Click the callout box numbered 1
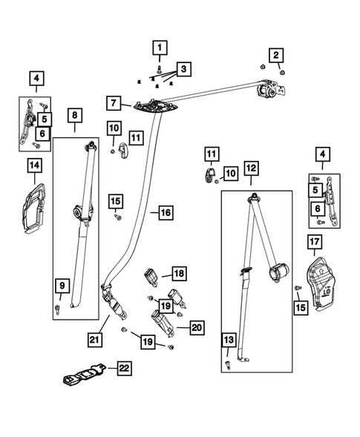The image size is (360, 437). (158, 49)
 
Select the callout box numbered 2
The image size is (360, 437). (275, 54)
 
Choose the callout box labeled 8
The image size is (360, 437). (75, 116)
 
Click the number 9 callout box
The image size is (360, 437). (62, 286)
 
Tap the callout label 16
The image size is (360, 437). (165, 213)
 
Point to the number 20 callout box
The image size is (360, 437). (196, 326)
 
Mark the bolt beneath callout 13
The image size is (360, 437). (226, 366)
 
